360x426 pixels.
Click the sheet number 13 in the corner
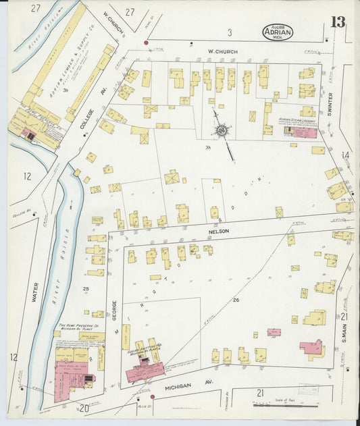pos(337,22)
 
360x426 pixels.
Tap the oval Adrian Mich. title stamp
pos(278,32)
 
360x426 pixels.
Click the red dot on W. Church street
pos(145,43)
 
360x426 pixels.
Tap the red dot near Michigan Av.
pos(153,397)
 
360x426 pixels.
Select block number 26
pos(236,299)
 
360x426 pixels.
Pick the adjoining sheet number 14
pos(346,155)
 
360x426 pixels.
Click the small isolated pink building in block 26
pos(273,332)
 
